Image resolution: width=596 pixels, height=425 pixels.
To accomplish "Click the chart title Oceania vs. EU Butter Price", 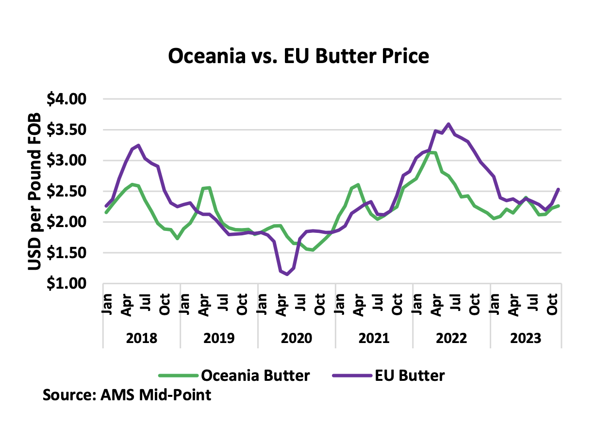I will click(298, 56).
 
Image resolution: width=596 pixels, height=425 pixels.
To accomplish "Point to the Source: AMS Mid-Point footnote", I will click(127, 394).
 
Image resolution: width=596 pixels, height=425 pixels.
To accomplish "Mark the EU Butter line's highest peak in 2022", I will click(448, 124).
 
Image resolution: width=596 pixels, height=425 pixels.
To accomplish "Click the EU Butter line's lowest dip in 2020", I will click(287, 275).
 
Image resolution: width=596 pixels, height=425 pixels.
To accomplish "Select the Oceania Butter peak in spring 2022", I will click(432, 152).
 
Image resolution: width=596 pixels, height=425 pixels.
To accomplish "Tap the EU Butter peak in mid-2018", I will click(139, 145).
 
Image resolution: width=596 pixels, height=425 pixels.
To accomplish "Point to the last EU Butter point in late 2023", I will click(559, 189).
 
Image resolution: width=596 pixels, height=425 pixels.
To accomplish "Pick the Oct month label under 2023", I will click(552, 304).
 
